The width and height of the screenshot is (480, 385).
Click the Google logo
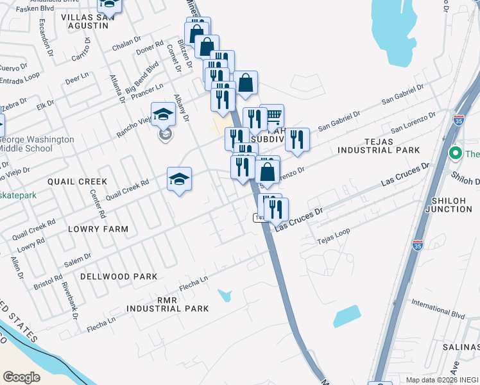[x=21, y=377]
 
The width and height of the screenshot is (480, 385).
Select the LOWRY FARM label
[x=98, y=228]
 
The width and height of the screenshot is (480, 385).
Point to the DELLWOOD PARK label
[x=119, y=277]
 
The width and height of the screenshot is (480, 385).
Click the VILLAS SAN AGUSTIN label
[x=85, y=20]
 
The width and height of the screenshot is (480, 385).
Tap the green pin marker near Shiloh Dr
[x=456, y=153]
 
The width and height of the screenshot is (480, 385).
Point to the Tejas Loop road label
[x=334, y=241]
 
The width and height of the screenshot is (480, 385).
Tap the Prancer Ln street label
[x=147, y=90]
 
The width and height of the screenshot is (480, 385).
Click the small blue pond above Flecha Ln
[x=225, y=295]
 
